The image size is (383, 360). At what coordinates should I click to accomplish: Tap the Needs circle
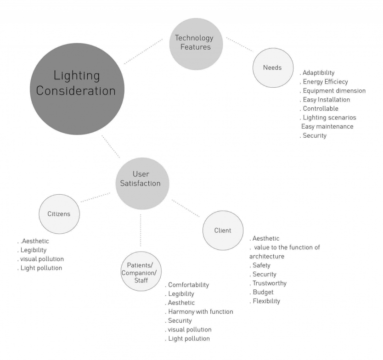272,67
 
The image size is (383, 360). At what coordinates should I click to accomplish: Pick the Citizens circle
59,214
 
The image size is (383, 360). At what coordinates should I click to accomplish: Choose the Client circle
223,230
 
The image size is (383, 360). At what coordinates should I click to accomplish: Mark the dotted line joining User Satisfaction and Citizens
96,197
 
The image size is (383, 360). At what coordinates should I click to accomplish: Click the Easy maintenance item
327,126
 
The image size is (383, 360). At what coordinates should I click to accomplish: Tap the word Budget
263,292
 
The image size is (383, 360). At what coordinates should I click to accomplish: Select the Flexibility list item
265,301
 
